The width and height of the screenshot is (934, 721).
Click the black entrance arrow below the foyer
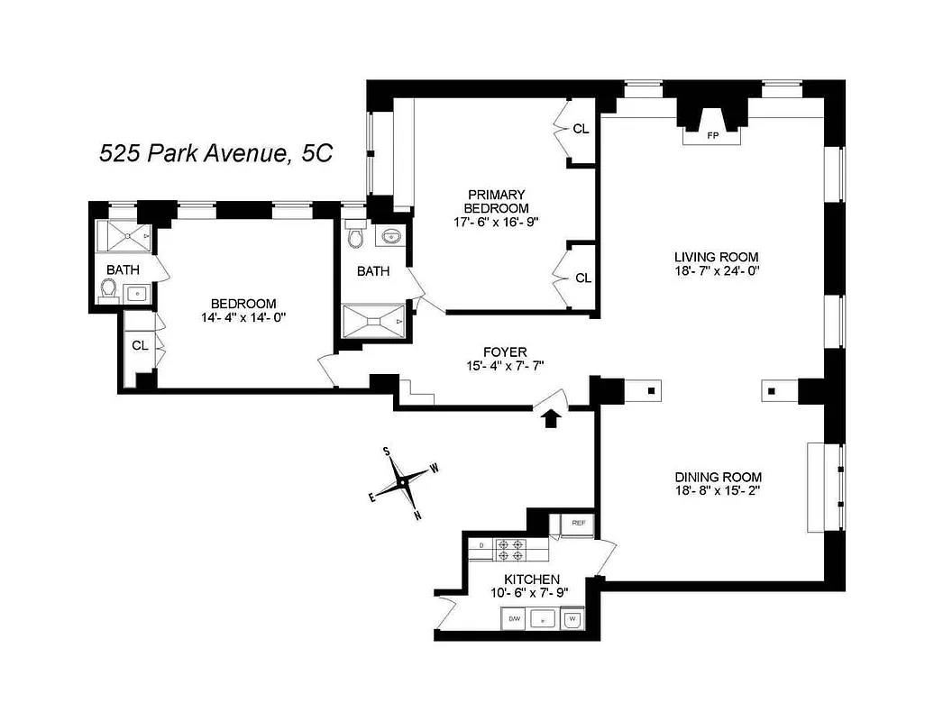pyautogui.click(x=552, y=416)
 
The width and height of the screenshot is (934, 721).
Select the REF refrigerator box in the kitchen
pyautogui.click(x=578, y=523)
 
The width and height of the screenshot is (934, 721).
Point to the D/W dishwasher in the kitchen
pyautogui.click(x=515, y=619)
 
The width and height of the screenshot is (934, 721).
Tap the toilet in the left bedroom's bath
pyautogui.click(x=109, y=289)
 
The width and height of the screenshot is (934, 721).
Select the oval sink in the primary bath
pyautogui.click(x=390, y=236)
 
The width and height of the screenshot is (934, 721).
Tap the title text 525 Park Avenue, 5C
pyautogui.click(x=215, y=153)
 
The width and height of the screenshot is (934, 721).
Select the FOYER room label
pyautogui.click(x=505, y=351)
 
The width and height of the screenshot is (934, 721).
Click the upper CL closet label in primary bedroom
pyautogui.click(x=581, y=129)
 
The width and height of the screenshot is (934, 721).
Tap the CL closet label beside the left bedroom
pyautogui.click(x=140, y=344)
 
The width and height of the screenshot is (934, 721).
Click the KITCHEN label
pyautogui.click(x=532, y=579)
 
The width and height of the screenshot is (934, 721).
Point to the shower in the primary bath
pyautogui.click(x=374, y=321)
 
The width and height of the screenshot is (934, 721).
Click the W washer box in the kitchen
pyautogui.click(x=572, y=619)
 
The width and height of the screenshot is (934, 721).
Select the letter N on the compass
pyautogui.click(x=417, y=516)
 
